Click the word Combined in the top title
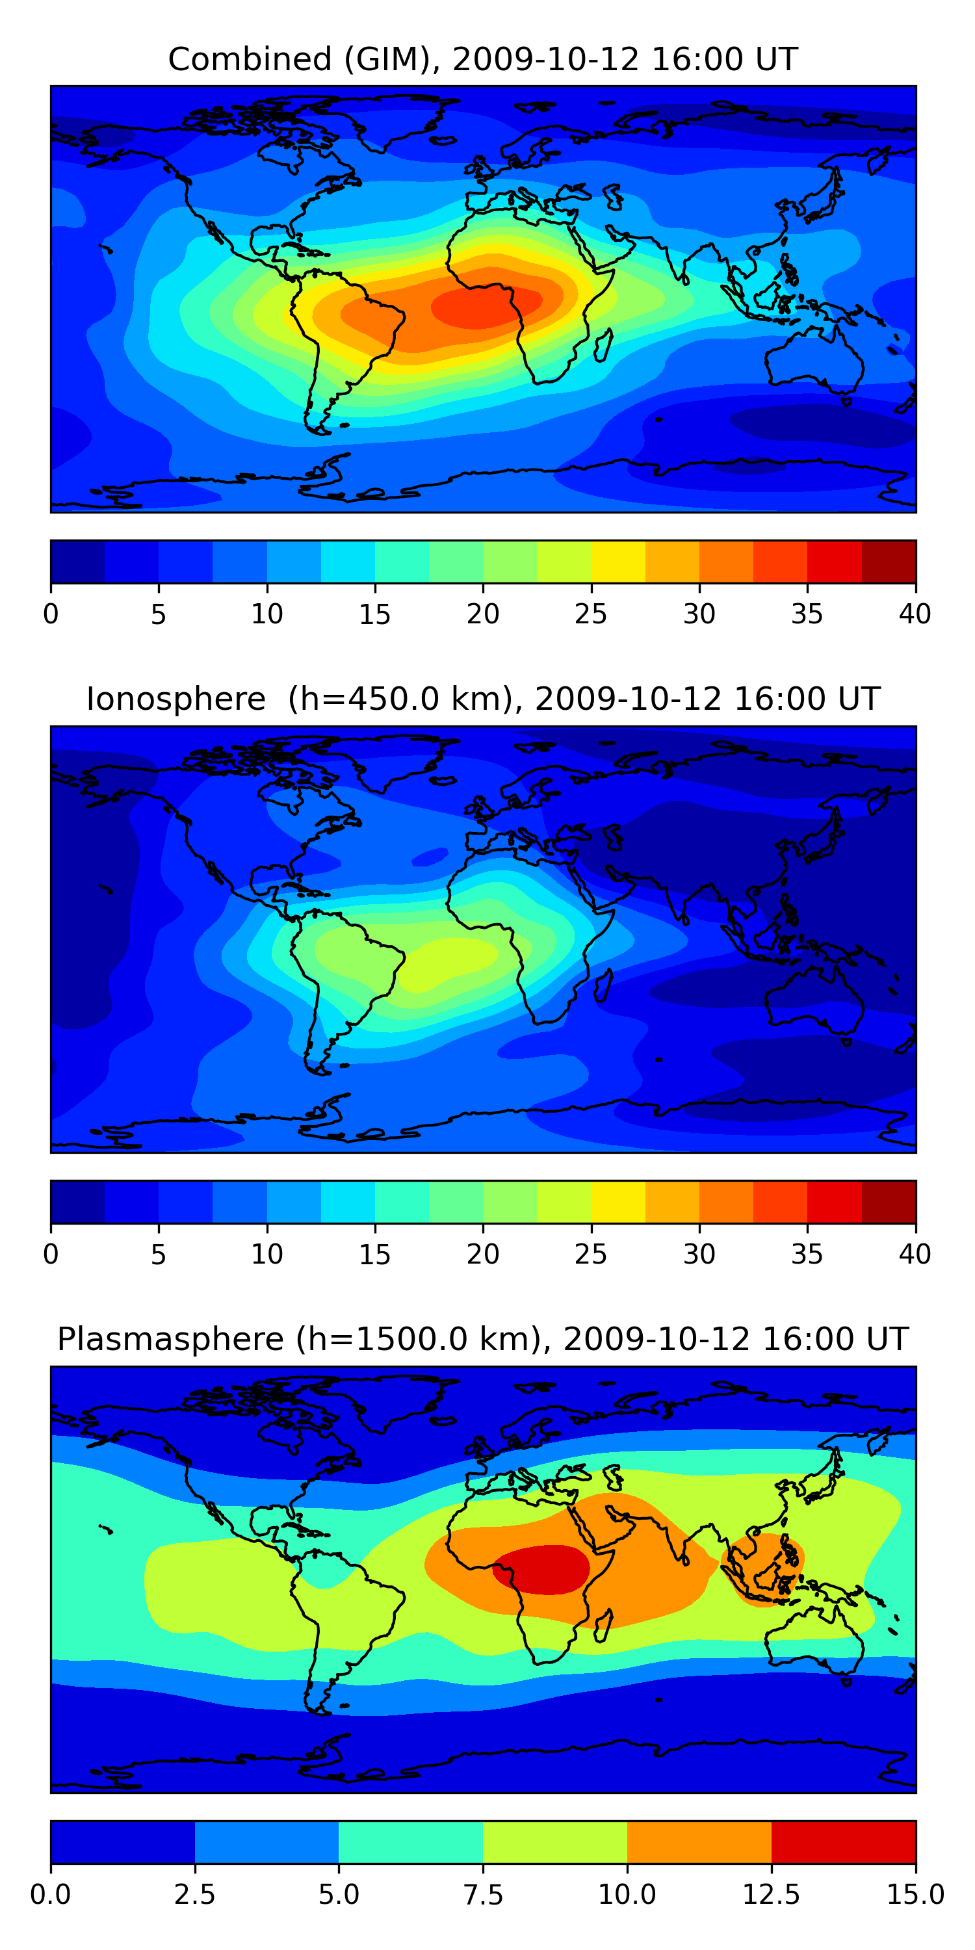coord(250,59)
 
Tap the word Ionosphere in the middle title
coord(175,699)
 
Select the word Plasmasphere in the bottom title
coord(170,1339)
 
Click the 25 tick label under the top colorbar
coord(590,614)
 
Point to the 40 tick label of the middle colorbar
coord(915,1254)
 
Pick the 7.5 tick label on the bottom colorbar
coord(483,1895)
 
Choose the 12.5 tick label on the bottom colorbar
coord(771,1895)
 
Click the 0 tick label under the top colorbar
coord(51,614)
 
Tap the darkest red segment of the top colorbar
coord(889,562)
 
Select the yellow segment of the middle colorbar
coord(617,1202)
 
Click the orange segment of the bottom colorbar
coord(699,1841)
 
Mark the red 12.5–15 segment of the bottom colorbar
coord(843,1841)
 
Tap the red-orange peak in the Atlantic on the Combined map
coord(484,307)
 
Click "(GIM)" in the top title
coord(392,59)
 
